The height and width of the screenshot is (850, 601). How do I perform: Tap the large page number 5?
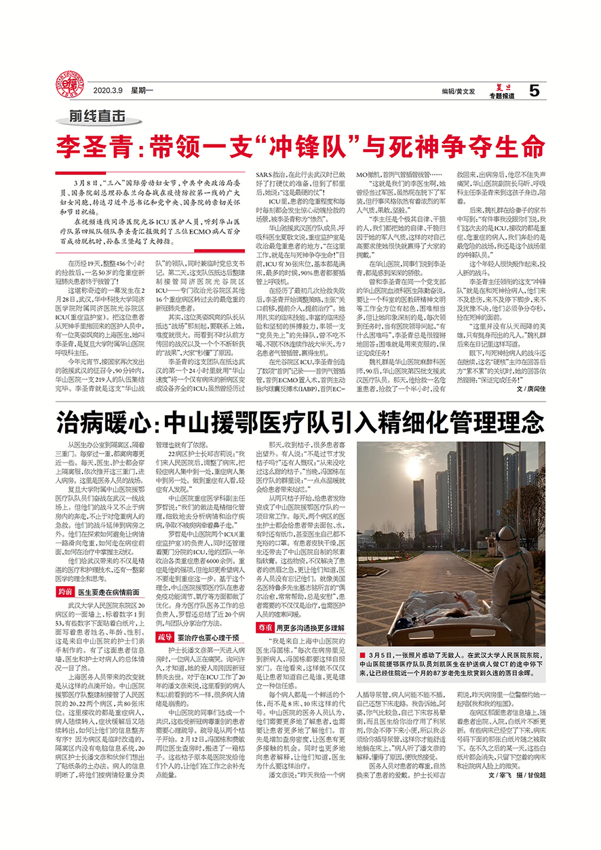click(x=534, y=90)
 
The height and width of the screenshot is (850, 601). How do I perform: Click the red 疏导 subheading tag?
click(x=165, y=637)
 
